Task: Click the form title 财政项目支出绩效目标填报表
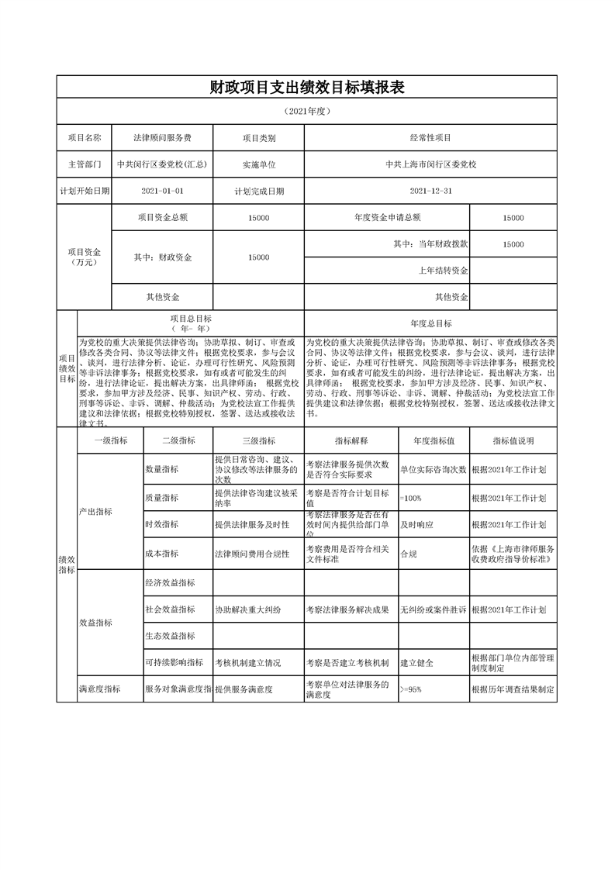307,87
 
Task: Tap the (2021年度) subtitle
307,111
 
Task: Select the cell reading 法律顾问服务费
162,137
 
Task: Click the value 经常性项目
430,137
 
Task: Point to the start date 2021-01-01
162,190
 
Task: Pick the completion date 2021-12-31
430,190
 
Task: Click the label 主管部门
84,164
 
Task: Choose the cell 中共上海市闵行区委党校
430,164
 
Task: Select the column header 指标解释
351,440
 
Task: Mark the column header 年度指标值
434,440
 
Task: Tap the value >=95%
411,689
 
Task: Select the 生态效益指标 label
170,636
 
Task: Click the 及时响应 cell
416,525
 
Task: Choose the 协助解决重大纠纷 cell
248,610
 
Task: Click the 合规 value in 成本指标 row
408,554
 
